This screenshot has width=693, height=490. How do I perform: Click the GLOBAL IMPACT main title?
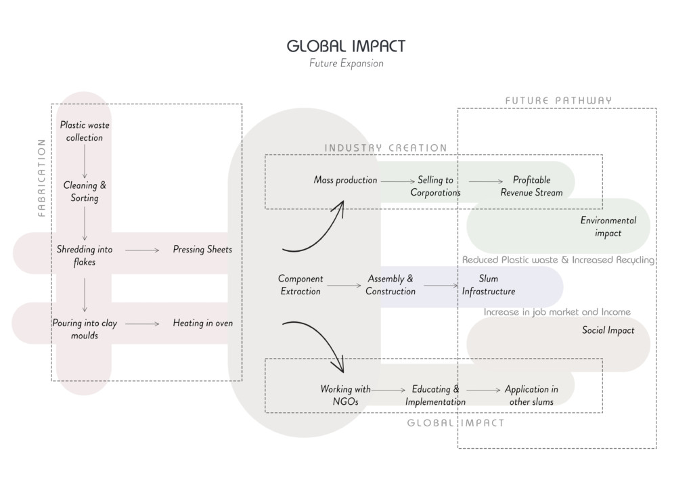[x=346, y=46]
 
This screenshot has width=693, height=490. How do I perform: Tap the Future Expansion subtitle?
[x=346, y=64]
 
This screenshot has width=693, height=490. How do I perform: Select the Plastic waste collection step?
[x=85, y=131]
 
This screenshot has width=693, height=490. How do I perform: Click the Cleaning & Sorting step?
[x=85, y=192]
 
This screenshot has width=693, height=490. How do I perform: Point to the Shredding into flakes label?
[x=85, y=256]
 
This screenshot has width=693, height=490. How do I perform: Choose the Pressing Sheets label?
[x=202, y=250]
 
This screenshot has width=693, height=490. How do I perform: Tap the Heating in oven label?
[x=202, y=324]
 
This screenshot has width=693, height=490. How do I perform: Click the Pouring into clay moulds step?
[x=85, y=330]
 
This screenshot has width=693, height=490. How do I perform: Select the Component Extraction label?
[x=300, y=285]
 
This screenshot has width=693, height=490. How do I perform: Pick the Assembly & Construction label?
[x=390, y=285]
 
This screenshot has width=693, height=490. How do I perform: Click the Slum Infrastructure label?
[x=489, y=285]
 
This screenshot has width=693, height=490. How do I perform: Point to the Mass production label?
[x=345, y=180]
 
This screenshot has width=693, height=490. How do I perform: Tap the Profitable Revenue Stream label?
[x=531, y=186]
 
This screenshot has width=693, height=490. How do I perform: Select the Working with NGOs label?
[x=345, y=395]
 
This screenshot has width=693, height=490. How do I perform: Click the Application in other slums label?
[x=531, y=395]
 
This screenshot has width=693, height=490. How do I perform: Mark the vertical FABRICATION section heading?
[x=41, y=177]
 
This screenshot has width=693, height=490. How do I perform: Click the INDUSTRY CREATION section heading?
[x=386, y=148]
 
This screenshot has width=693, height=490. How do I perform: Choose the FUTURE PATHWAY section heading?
[x=558, y=101]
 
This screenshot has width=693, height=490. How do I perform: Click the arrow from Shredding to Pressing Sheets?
[x=142, y=250]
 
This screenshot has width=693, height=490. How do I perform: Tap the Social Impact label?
[x=608, y=330]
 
